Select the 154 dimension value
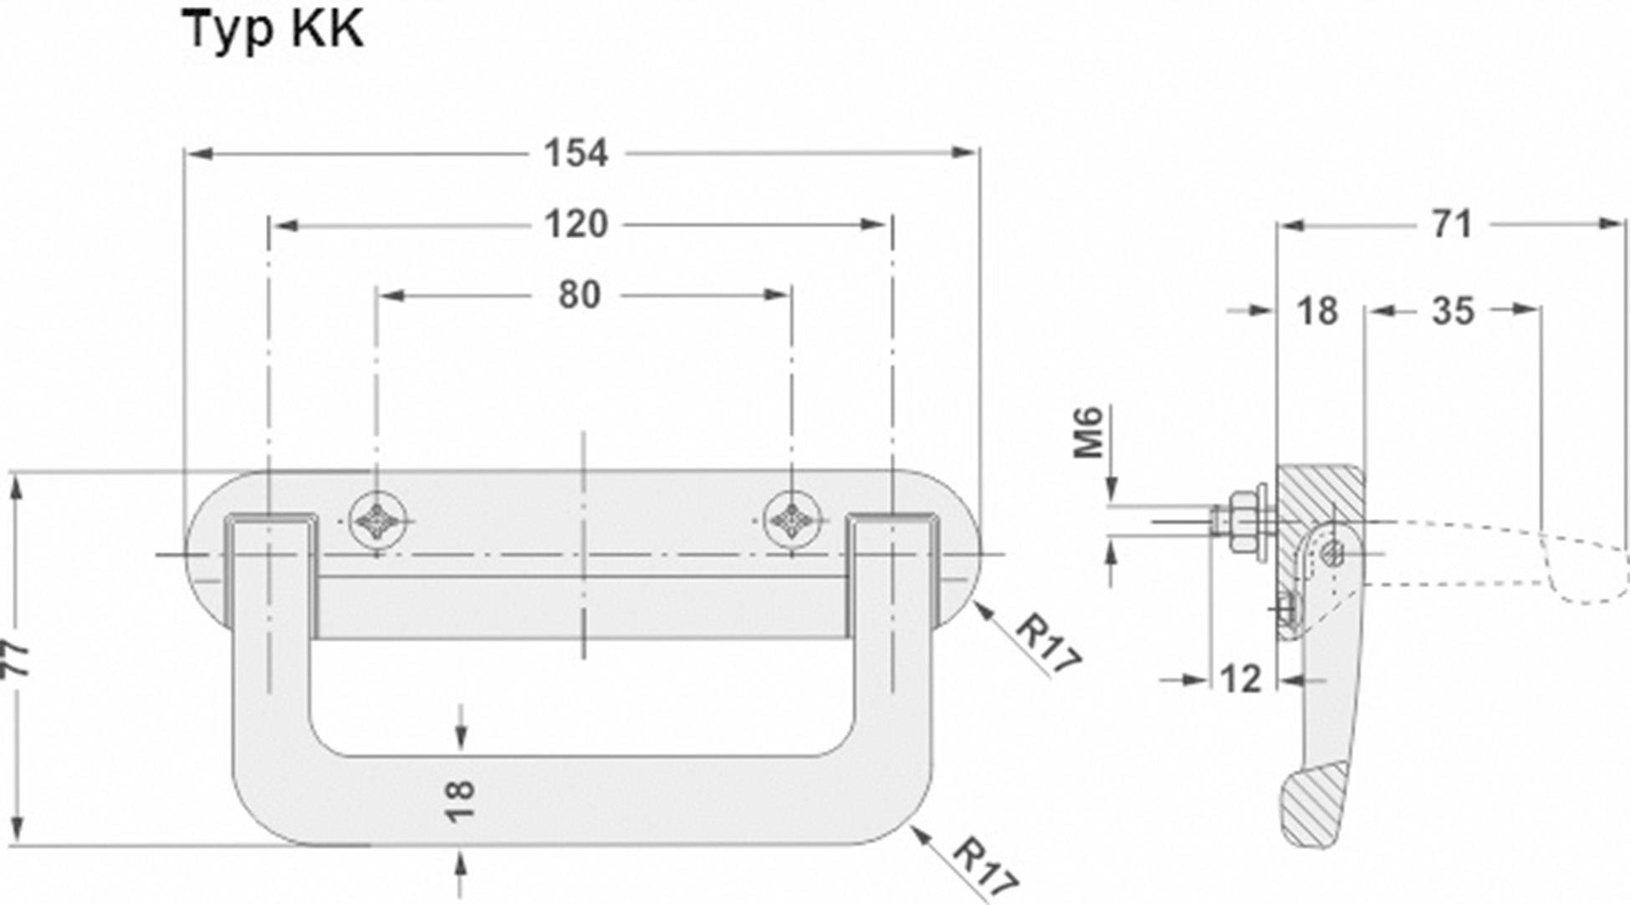575,154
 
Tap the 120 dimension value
575,225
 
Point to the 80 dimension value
579,295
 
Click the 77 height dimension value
18,660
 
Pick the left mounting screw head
378,521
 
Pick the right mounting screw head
792,521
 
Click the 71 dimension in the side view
1452,225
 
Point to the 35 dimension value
1452,311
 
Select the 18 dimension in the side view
1317,311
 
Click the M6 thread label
1088,432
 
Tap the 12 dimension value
1241,679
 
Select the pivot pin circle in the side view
1334,553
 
